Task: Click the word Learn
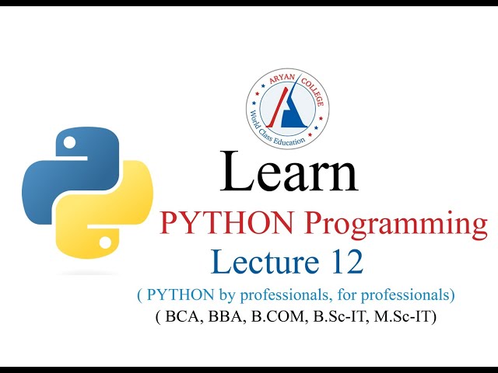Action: click(289, 173)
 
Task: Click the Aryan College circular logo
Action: click(287, 108)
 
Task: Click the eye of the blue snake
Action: click(69, 143)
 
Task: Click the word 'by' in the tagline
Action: click(219, 296)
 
